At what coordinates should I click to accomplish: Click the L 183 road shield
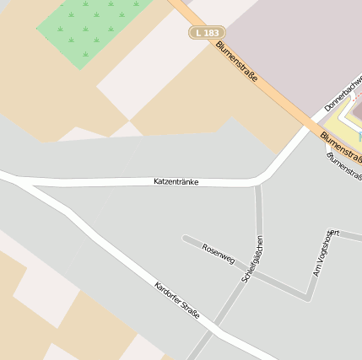coord(204,32)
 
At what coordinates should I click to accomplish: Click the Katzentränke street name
coord(176,181)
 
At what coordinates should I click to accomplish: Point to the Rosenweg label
coord(219,253)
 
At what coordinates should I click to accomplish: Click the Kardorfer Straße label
coord(177,299)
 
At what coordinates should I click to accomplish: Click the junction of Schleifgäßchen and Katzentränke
coord(257,182)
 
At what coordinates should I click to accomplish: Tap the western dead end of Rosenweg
coord(185,239)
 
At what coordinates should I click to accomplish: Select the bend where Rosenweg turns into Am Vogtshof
coord(308,297)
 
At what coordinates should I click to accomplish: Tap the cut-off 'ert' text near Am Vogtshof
coord(335,232)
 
